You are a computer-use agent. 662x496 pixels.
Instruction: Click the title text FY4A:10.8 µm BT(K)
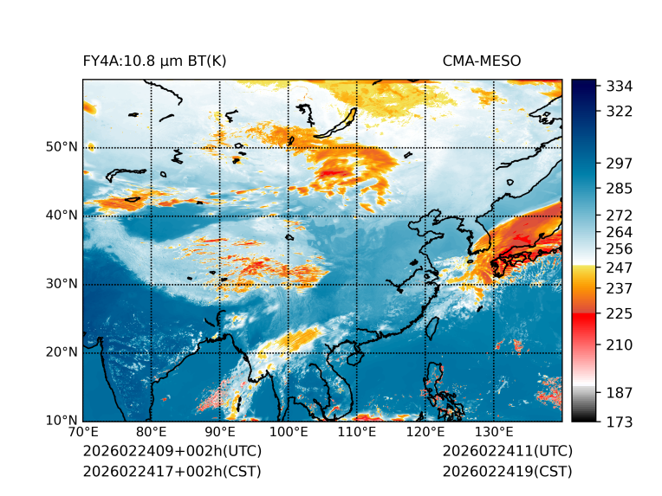[154, 61]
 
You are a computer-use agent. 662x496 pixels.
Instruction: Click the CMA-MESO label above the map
[481, 61]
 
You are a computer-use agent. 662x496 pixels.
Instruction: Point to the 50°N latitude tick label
[62, 147]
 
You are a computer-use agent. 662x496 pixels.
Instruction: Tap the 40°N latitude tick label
[62, 216]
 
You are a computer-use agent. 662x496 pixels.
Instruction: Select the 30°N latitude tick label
[62, 284]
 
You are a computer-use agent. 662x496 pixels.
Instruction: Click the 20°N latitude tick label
[62, 352]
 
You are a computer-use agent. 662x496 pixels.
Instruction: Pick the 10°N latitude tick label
[62, 421]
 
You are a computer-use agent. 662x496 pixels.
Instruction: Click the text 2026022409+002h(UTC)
[172, 452]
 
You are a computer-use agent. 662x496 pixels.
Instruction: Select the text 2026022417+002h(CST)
[172, 472]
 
